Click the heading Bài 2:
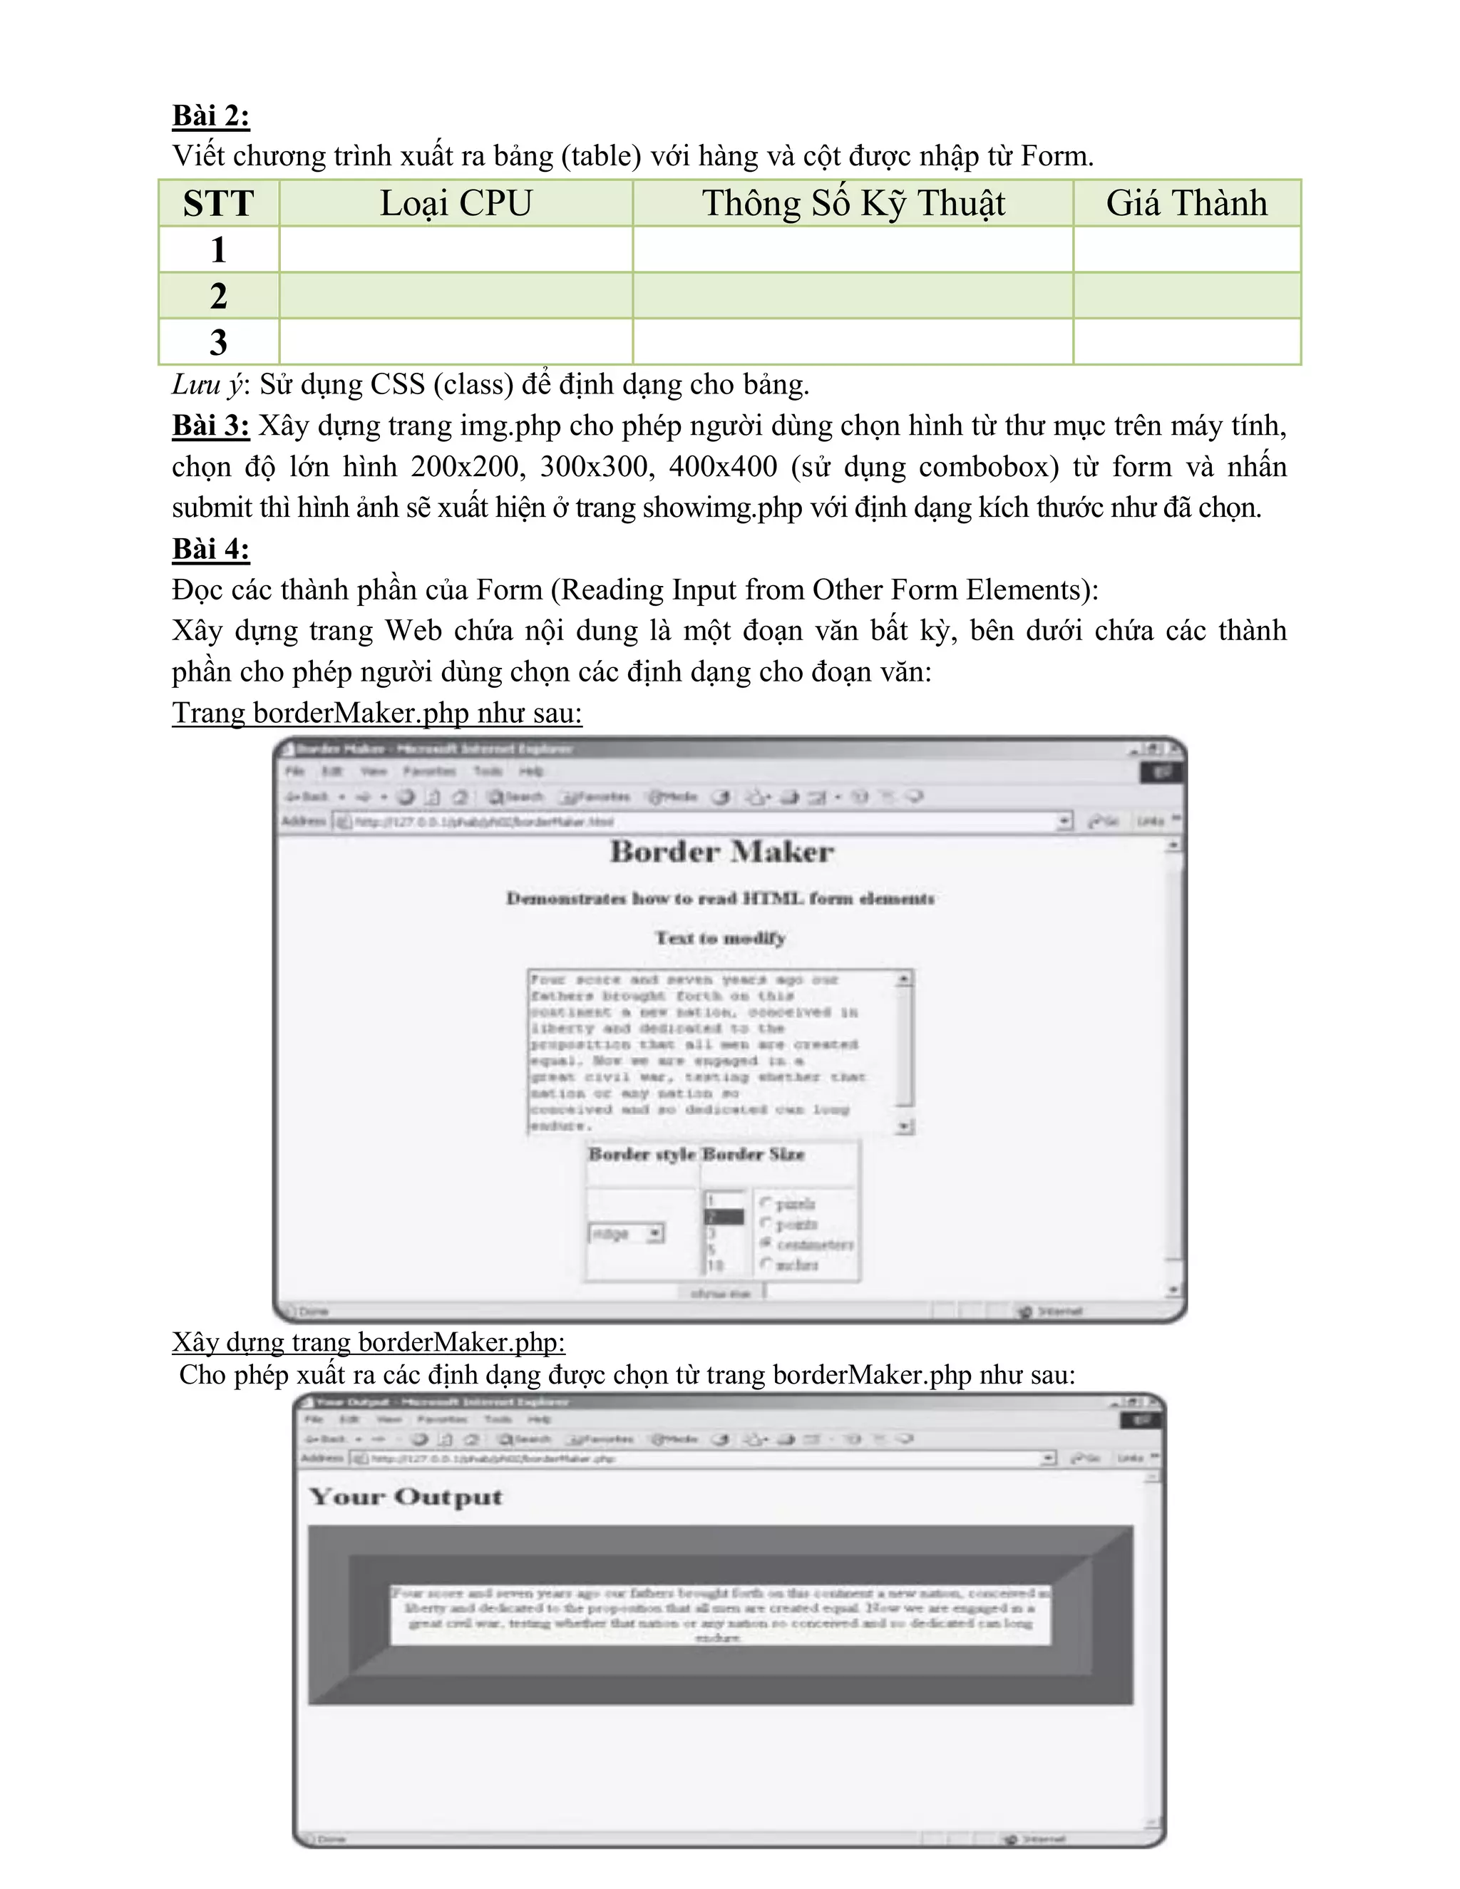click(210, 115)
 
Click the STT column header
click(218, 203)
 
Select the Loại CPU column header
click(456, 203)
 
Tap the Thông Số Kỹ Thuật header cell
click(853, 203)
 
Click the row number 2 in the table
click(218, 296)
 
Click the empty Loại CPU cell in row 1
click(456, 250)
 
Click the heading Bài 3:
click(210, 426)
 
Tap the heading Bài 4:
click(210, 548)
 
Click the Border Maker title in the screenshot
click(722, 852)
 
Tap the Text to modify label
click(721, 937)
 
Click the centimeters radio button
click(766, 1243)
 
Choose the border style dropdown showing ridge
click(626, 1233)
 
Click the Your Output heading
click(406, 1497)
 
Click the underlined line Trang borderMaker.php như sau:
click(376, 713)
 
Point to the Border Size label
click(754, 1154)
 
